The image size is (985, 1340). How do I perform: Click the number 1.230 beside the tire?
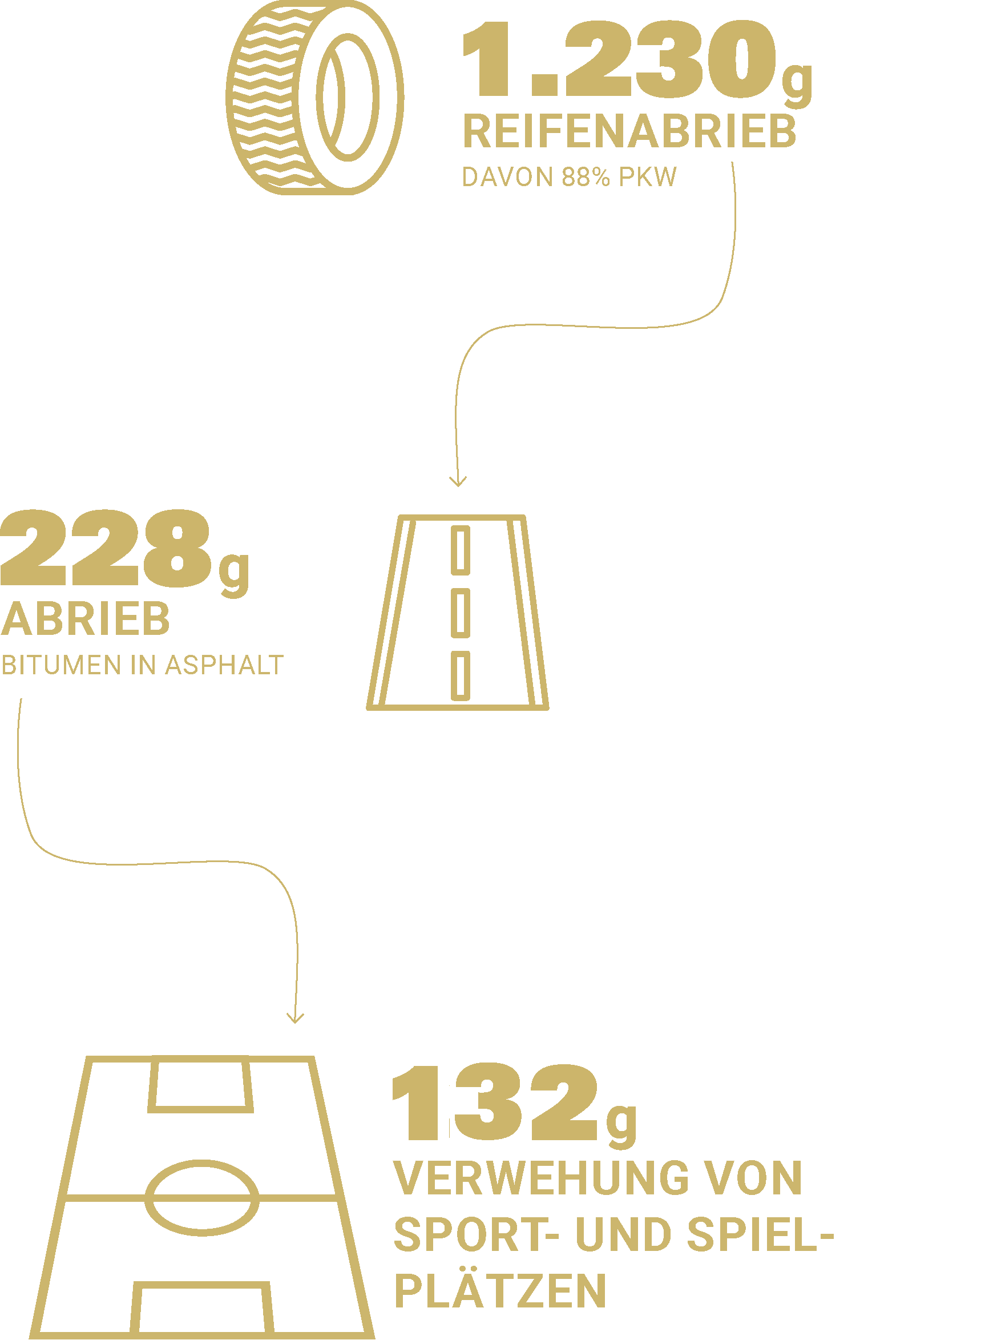coord(620,59)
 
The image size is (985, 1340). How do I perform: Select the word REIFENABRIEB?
coord(629,132)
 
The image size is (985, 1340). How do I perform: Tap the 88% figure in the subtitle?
coord(586,177)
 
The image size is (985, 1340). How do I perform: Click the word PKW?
coord(648,177)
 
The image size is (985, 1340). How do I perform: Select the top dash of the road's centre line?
coord(461,550)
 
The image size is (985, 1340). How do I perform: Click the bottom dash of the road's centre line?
coord(461,675)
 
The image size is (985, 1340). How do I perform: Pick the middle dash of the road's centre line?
coord(461,613)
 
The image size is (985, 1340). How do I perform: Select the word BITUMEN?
coord(61,666)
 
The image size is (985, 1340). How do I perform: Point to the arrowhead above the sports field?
coord(295,1018)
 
